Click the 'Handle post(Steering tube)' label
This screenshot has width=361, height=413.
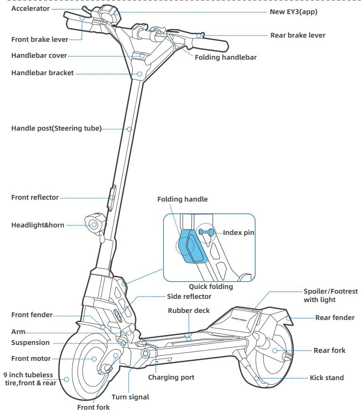[x=56, y=128]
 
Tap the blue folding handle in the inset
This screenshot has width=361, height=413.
[x=192, y=245]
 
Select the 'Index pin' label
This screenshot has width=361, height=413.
[x=239, y=232]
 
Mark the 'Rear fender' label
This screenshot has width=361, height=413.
[x=333, y=318]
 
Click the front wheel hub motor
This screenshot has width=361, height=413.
[x=94, y=358]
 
